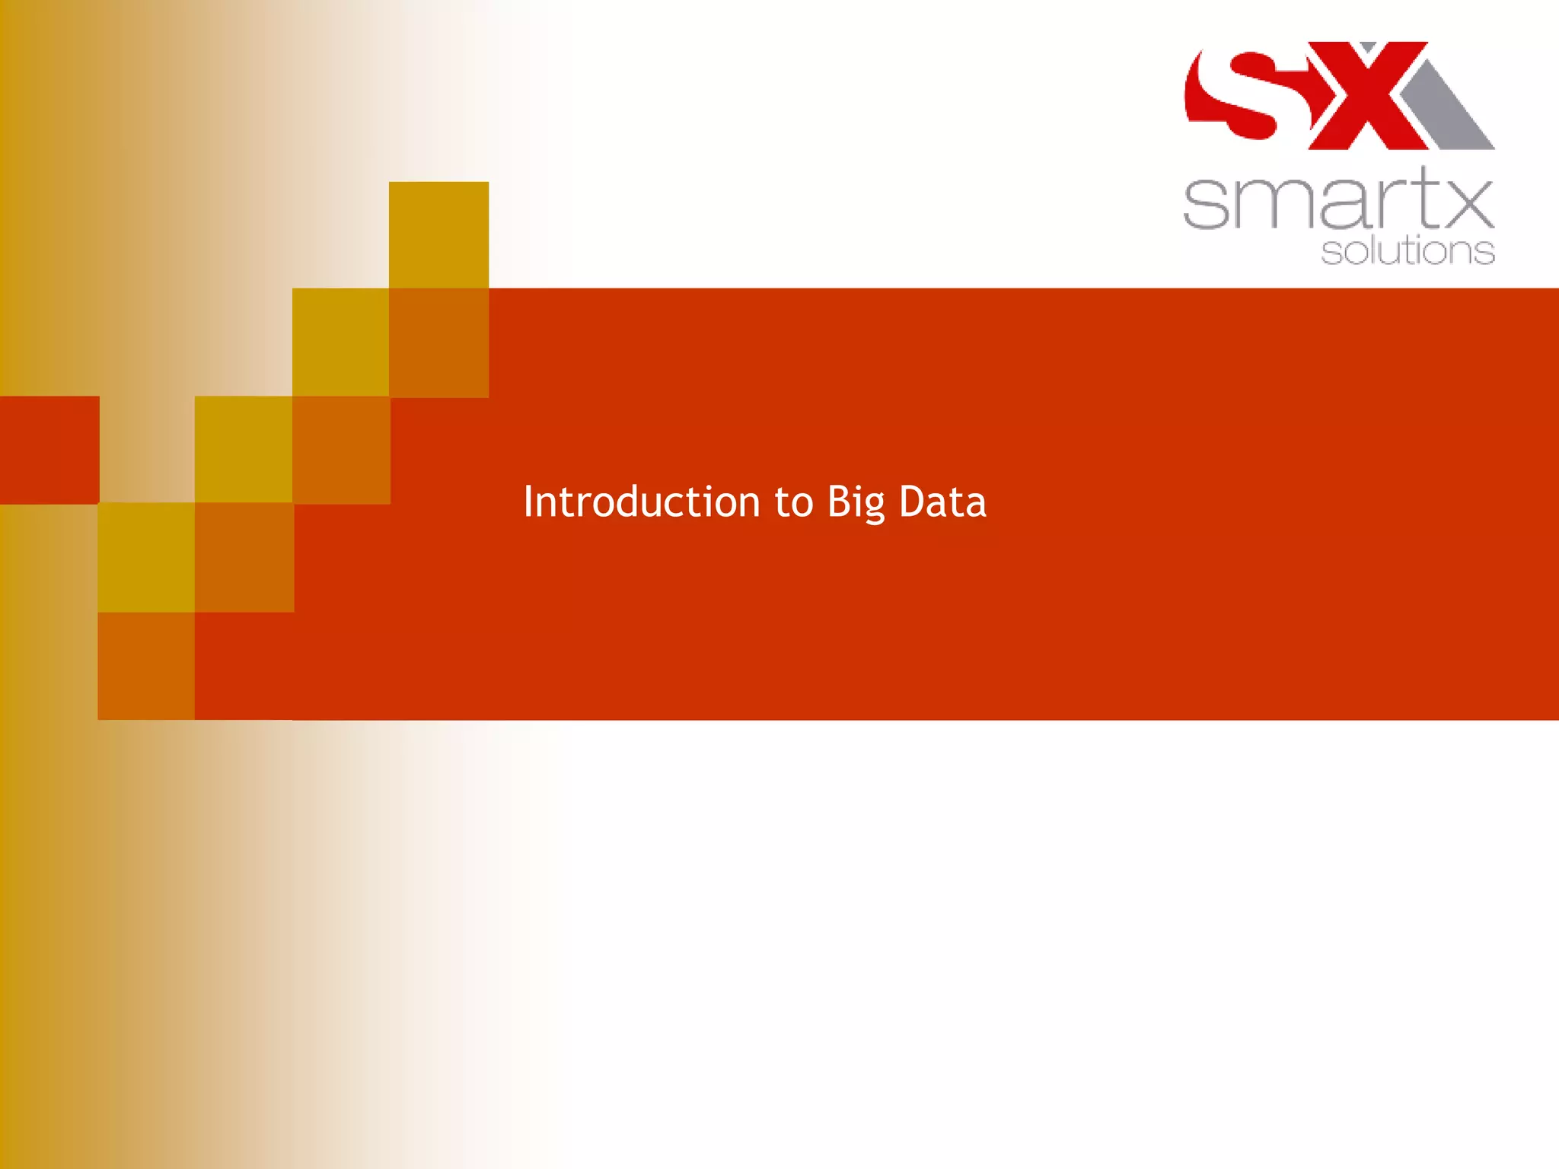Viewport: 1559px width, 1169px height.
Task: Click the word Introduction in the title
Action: click(x=641, y=502)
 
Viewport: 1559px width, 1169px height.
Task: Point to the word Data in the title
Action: click(x=942, y=502)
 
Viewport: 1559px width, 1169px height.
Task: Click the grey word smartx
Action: click(x=1338, y=199)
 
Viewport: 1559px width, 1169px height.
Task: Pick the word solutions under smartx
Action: click(x=1408, y=252)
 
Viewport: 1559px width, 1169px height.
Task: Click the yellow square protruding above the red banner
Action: click(x=438, y=234)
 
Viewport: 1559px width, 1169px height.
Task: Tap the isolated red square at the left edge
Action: click(x=49, y=450)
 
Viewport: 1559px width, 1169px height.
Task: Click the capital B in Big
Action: click(x=838, y=502)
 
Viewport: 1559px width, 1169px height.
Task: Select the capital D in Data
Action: click(x=911, y=502)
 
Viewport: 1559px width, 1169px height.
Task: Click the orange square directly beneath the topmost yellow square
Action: click(x=438, y=342)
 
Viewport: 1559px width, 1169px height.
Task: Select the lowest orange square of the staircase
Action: click(x=146, y=666)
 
